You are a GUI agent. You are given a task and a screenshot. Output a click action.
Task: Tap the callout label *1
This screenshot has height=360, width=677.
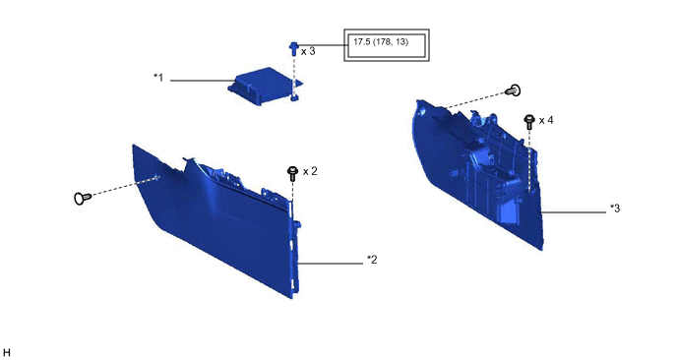coord(158,78)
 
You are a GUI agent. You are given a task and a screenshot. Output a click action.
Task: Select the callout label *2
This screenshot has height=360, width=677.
coord(372,260)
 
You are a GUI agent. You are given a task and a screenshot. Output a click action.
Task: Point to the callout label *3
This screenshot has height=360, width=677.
coord(615,209)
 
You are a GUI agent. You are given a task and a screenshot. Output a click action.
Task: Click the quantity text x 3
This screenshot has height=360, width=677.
coord(308,51)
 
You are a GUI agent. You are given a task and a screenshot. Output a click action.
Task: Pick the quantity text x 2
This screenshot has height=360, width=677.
coord(310,171)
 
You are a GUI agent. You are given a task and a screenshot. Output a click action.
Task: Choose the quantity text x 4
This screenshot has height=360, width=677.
coord(546,120)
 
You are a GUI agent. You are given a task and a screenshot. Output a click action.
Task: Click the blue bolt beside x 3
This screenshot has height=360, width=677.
coord(294,49)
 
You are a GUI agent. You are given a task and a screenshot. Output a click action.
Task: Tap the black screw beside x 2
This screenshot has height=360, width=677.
coord(292,173)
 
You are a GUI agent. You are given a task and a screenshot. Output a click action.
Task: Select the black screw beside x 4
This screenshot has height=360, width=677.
coord(529,121)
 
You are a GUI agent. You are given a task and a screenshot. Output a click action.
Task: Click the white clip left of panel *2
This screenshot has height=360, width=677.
coord(82,198)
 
